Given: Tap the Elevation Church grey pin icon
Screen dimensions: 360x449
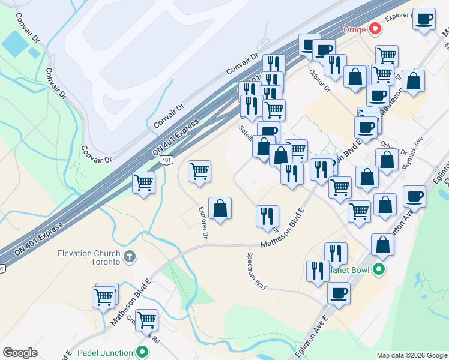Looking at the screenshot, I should click(129, 258).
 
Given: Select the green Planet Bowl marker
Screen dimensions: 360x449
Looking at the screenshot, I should click(378, 270).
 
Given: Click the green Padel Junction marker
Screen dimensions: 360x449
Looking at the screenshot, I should click(142, 353).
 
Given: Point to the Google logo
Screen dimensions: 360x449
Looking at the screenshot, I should click(20, 353).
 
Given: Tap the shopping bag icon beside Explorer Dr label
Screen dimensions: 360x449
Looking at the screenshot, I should click(220, 208).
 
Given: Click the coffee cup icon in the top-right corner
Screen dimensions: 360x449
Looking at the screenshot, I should click(424, 19).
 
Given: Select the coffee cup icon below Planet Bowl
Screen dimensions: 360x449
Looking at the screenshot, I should click(339, 293).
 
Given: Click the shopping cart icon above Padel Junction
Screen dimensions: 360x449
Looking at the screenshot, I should click(146, 320).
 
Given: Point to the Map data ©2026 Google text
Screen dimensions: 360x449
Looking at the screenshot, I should click(411, 355).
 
